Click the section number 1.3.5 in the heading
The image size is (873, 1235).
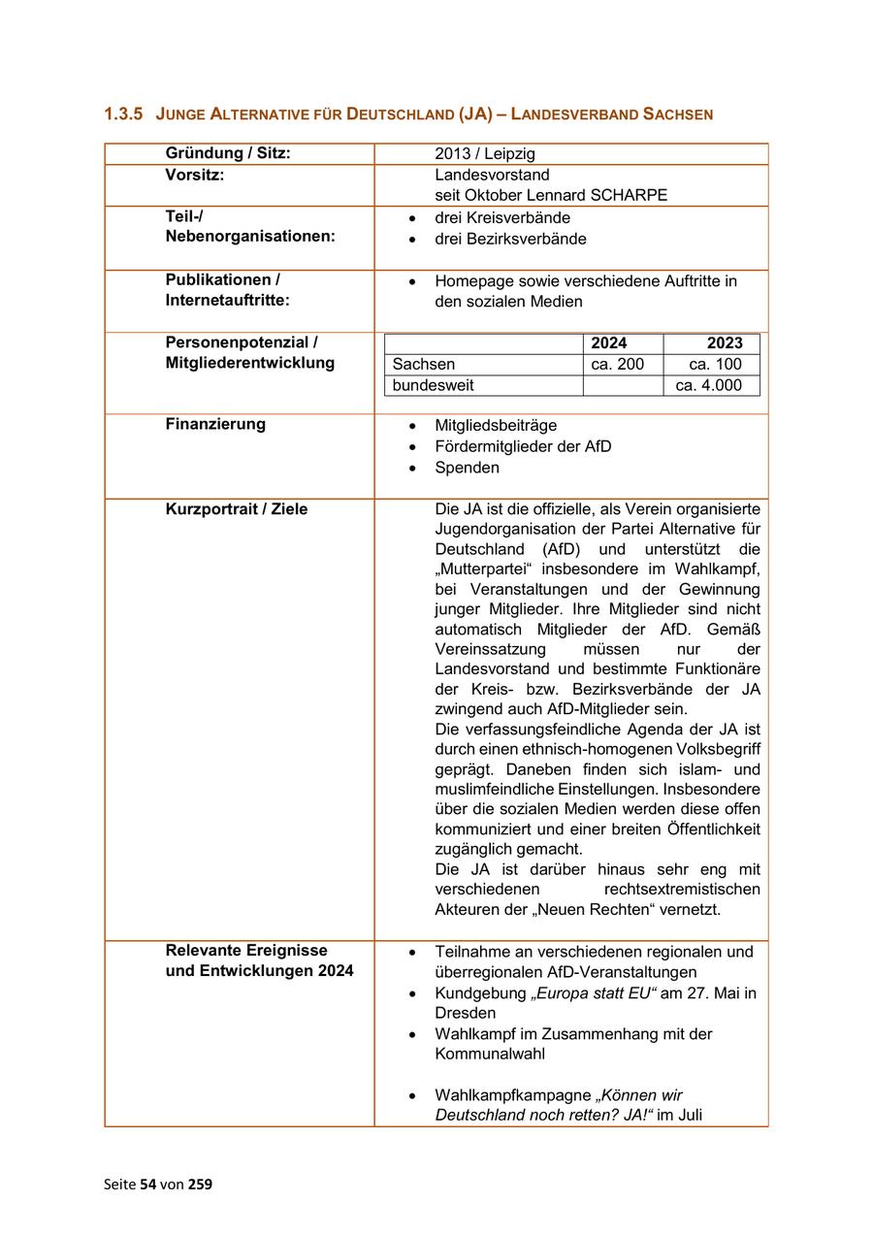(123, 114)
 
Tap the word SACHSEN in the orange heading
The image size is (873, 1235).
(677, 114)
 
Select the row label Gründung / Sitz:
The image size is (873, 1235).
(228, 153)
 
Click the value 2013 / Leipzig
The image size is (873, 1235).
(485, 154)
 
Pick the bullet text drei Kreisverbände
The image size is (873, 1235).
(502, 217)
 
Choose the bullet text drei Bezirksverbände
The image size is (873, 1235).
(510, 239)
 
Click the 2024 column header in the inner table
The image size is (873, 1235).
(609, 343)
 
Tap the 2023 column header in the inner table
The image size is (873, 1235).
(725, 343)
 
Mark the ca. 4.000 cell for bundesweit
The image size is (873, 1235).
(709, 385)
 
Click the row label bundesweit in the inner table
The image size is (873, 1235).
(434, 385)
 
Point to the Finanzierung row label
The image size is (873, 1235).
(215, 424)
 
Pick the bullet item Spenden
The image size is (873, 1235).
(468, 468)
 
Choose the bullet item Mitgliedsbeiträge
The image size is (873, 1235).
(496, 425)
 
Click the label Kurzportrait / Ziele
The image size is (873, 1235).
(237, 509)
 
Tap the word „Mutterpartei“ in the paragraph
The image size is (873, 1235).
(481, 569)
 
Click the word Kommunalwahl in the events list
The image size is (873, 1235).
(490, 1054)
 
